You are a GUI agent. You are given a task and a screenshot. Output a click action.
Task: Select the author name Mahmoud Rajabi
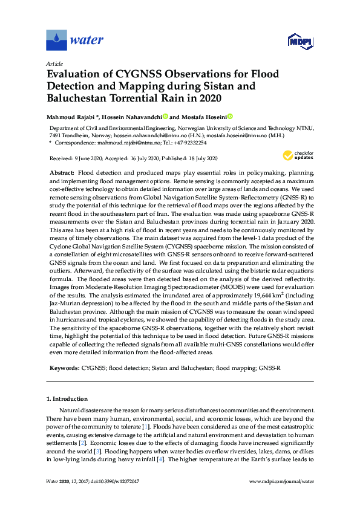pos(72,117)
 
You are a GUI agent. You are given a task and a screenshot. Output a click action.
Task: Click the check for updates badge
pos(300,155)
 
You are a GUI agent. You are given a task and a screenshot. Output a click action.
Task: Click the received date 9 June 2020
pos(88,158)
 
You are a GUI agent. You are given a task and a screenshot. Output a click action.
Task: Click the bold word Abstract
pos(62,172)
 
